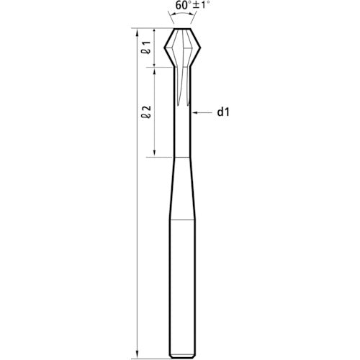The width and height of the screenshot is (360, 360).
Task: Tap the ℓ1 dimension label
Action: [146, 48]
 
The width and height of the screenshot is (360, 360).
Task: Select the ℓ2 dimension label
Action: [146, 112]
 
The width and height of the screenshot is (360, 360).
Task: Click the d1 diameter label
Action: [223, 112]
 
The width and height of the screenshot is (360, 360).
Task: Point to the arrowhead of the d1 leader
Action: [194, 112]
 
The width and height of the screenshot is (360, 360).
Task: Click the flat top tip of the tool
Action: [182, 29]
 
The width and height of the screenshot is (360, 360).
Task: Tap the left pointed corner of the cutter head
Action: [165, 48]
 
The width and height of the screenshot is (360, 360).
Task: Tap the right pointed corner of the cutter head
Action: [200, 48]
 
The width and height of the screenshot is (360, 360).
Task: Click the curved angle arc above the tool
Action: [182, 14]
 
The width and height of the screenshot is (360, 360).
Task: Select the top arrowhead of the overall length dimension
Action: [137, 32]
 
